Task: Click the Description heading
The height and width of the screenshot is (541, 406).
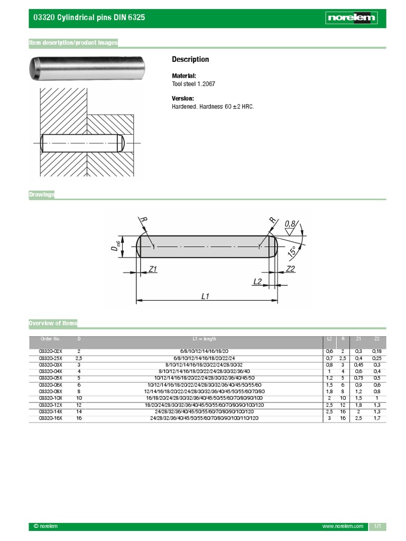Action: tap(190, 59)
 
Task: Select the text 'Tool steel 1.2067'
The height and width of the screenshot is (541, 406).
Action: tap(193, 84)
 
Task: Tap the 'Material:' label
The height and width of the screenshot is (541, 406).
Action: tap(184, 76)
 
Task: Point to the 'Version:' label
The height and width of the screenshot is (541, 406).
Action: tap(183, 98)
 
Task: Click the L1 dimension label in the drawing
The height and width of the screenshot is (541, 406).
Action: tap(206, 297)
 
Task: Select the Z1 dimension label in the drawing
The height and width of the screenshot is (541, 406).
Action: tap(153, 269)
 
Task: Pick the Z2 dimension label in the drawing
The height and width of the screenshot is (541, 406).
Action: tap(290, 269)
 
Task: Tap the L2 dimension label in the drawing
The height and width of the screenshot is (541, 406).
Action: tap(257, 282)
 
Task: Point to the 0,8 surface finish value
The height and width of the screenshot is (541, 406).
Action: tap(290, 224)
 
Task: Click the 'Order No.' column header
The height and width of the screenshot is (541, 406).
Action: tap(51, 339)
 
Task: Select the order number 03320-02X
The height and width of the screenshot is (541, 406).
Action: tap(51, 351)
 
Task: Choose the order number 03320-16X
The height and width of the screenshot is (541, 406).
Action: tap(51, 418)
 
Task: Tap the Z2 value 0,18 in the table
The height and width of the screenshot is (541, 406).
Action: tap(376, 351)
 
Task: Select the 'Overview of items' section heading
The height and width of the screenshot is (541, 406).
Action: tap(53, 323)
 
